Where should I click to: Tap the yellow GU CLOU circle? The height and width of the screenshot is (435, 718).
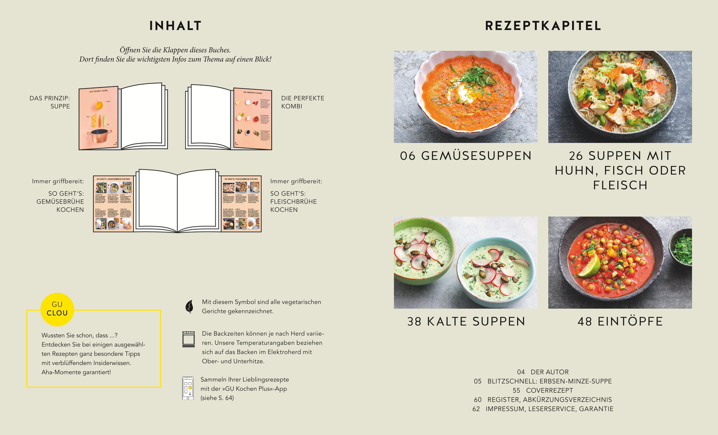(57, 309)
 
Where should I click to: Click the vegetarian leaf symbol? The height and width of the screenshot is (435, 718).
(189, 306)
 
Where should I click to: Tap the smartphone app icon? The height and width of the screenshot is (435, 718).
(188, 388)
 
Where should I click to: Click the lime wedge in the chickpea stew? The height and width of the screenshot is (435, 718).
(590, 266)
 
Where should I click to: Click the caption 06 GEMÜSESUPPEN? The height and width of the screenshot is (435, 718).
(466, 156)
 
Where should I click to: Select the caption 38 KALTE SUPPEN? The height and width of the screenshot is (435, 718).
(466, 321)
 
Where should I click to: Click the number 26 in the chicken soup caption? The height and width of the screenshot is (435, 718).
(576, 156)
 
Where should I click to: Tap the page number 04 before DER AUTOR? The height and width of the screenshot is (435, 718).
(521, 372)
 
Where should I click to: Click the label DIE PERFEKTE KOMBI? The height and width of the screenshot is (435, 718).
(303, 102)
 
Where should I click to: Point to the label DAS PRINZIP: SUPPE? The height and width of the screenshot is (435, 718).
(50, 102)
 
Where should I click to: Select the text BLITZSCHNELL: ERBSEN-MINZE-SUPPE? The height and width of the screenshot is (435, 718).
(550, 381)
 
